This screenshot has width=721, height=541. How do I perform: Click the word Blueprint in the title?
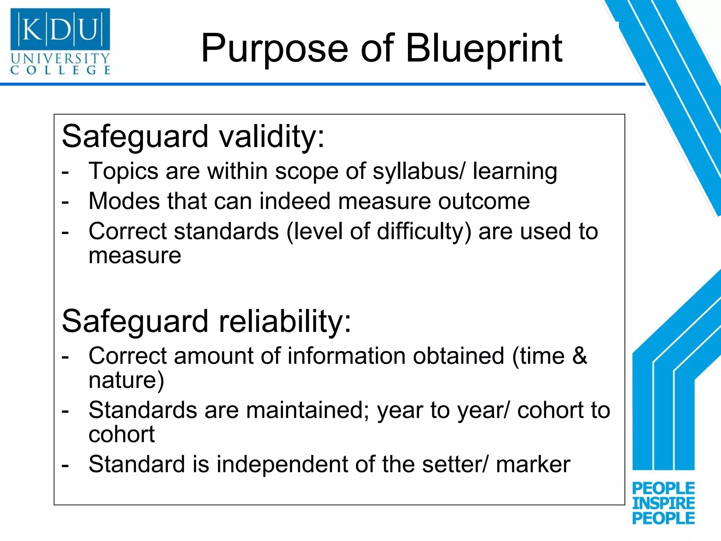pyautogui.click(x=484, y=49)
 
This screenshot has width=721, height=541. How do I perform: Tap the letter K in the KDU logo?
pyautogui.click(x=32, y=29)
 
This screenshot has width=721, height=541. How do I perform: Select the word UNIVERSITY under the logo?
pyautogui.click(x=60, y=58)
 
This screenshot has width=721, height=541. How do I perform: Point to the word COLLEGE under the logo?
pyautogui.click(x=60, y=70)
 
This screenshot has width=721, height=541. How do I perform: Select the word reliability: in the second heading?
pyautogui.click(x=285, y=321)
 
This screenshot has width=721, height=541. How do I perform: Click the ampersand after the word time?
pyautogui.click(x=579, y=356)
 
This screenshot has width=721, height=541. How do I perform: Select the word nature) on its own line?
pyautogui.click(x=126, y=380)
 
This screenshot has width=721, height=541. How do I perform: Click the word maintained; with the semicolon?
pyautogui.click(x=308, y=411)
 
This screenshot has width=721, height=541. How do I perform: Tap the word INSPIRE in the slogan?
pyautogui.click(x=663, y=503)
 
